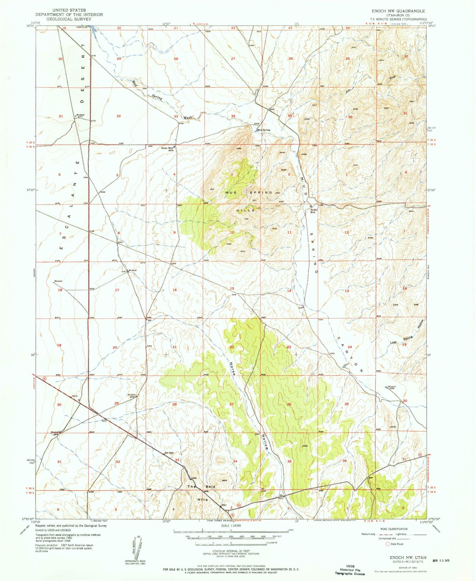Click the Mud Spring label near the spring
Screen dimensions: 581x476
coord(264,130)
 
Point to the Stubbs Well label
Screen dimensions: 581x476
coord(313,211)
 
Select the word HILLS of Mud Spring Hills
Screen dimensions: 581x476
coord(245,210)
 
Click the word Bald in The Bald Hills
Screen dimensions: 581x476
coord(210,486)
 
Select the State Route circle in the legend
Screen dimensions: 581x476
coord(387,544)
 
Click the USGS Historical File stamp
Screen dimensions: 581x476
coord(350,570)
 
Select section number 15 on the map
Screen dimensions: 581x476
coord(232,288)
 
